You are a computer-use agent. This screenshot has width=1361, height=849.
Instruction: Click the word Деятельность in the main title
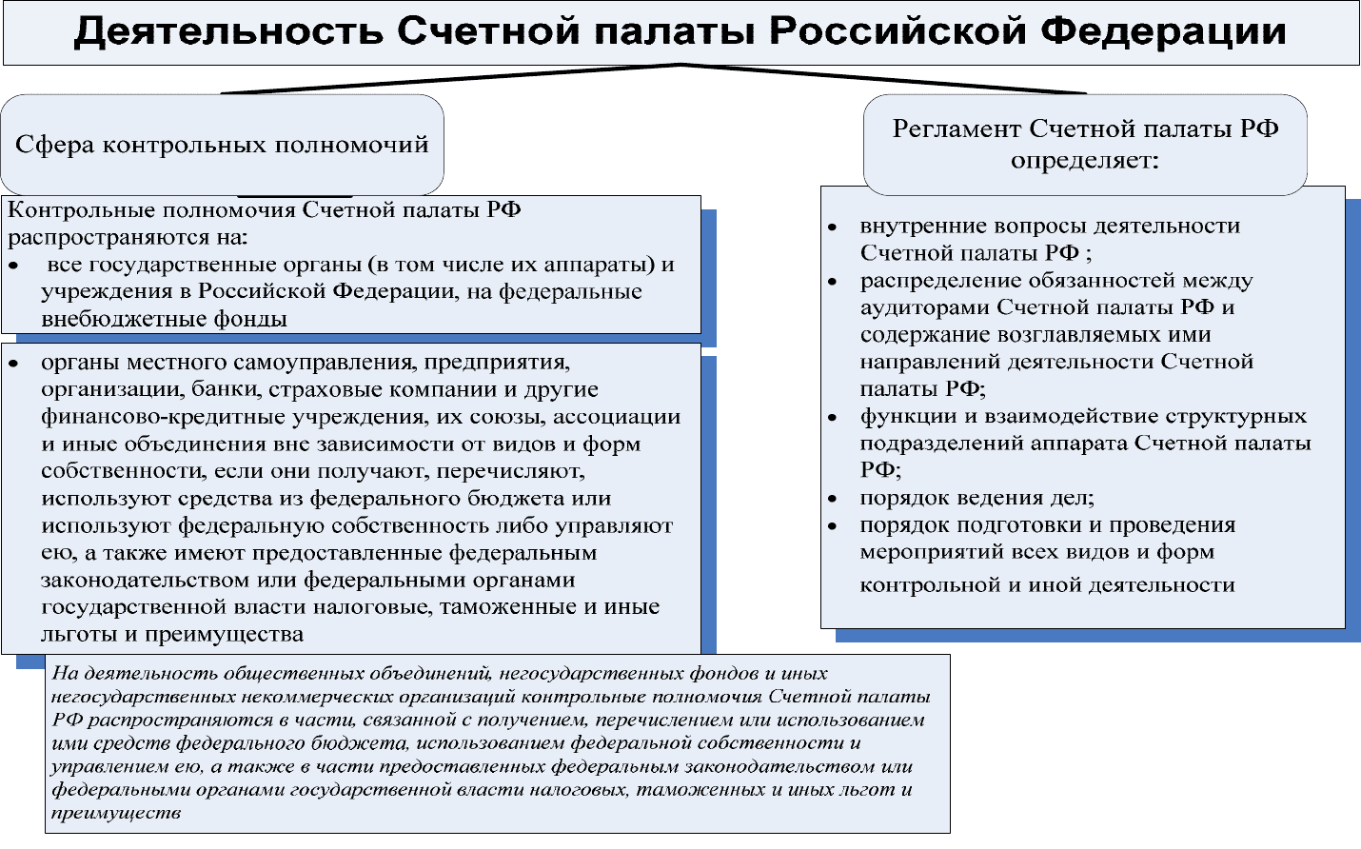[228, 30]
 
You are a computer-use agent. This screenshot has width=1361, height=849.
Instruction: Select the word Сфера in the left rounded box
[54, 145]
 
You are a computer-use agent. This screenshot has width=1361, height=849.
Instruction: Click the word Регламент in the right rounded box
[957, 128]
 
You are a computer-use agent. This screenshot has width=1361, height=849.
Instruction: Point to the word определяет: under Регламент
[1085, 161]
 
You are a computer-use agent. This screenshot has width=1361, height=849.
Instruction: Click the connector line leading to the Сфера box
[450, 79]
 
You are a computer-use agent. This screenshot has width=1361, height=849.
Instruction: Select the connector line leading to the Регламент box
[883, 79]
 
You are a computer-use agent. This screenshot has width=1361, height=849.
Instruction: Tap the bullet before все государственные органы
[13, 266]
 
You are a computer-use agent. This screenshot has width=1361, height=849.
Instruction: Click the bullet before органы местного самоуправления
[13, 364]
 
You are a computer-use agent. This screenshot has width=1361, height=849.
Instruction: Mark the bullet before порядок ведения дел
[833, 499]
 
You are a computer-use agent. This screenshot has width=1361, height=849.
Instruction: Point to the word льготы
[79, 635]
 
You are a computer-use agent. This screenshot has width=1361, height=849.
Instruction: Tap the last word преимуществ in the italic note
[116, 813]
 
